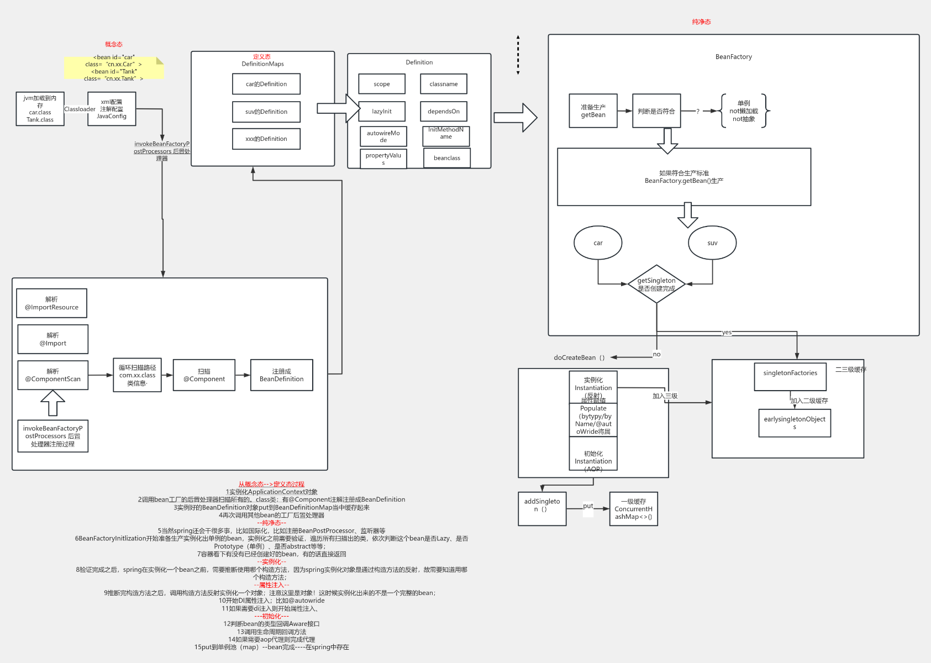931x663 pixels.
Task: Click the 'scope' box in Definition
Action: pyautogui.click(x=382, y=84)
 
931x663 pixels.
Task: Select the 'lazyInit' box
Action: pyautogui.click(x=382, y=111)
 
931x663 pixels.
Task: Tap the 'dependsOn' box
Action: pyautogui.click(x=444, y=111)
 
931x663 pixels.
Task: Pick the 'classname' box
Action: pyautogui.click(x=444, y=84)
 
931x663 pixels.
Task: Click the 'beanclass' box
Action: pyautogui.click(x=446, y=158)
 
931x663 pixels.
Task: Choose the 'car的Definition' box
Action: pyautogui.click(x=266, y=84)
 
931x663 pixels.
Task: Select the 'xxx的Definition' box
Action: pyautogui.click(x=266, y=139)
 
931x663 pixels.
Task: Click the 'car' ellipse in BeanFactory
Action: pyautogui.click(x=598, y=243)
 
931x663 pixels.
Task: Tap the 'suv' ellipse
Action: pyautogui.click(x=712, y=243)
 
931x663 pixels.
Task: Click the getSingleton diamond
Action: pyautogui.click(x=656, y=284)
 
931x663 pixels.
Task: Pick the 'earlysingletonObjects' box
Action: pyautogui.click(x=795, y=423)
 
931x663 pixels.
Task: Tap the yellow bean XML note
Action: pyautogui.click(x=114, y=68)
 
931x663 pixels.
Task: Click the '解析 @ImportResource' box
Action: pyautogui.click(x=52, y=303)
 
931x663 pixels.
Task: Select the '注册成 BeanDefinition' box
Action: pyautogui.click(x=281, y=375)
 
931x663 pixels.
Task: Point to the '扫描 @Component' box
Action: pyautogui.click(x=204, y=375)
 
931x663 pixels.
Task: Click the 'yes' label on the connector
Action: pyautogui.click(x=727, y=333)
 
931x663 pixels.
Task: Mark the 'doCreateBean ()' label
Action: pyautogui.click(x=579, y=357)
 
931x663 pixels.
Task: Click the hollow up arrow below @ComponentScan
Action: pyautogui.click(x=53, y=403)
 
